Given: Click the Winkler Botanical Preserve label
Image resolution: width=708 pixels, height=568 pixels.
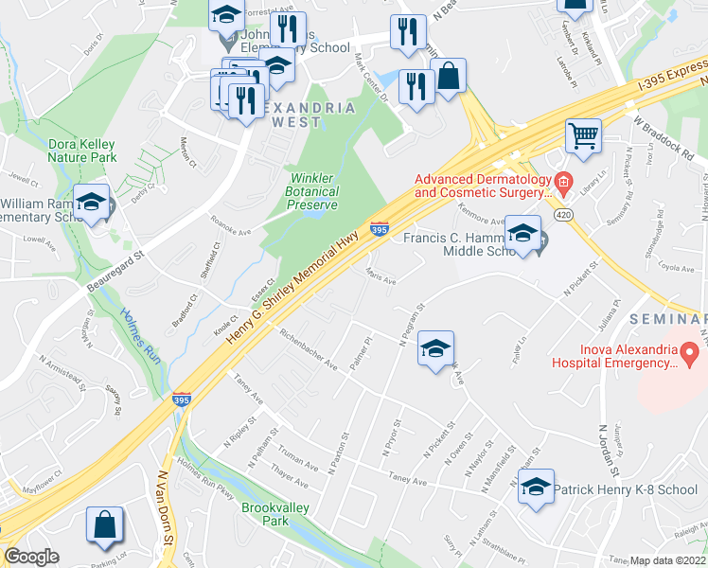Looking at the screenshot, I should click(314, 191).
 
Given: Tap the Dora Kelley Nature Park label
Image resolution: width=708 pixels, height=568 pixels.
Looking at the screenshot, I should click(82, 151).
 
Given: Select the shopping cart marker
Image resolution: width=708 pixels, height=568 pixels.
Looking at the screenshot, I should click(584, 135).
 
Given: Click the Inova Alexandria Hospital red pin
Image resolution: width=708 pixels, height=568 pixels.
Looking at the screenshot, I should click(690, 354).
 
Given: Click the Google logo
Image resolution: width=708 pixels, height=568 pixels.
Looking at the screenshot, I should click(31, 557).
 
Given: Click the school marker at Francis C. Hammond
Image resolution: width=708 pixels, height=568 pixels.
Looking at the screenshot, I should click(522, 234).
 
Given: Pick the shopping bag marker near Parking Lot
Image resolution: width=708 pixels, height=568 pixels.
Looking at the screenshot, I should click(105, 527).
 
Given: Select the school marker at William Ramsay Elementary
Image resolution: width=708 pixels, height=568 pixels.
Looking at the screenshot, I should click(92, 203).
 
